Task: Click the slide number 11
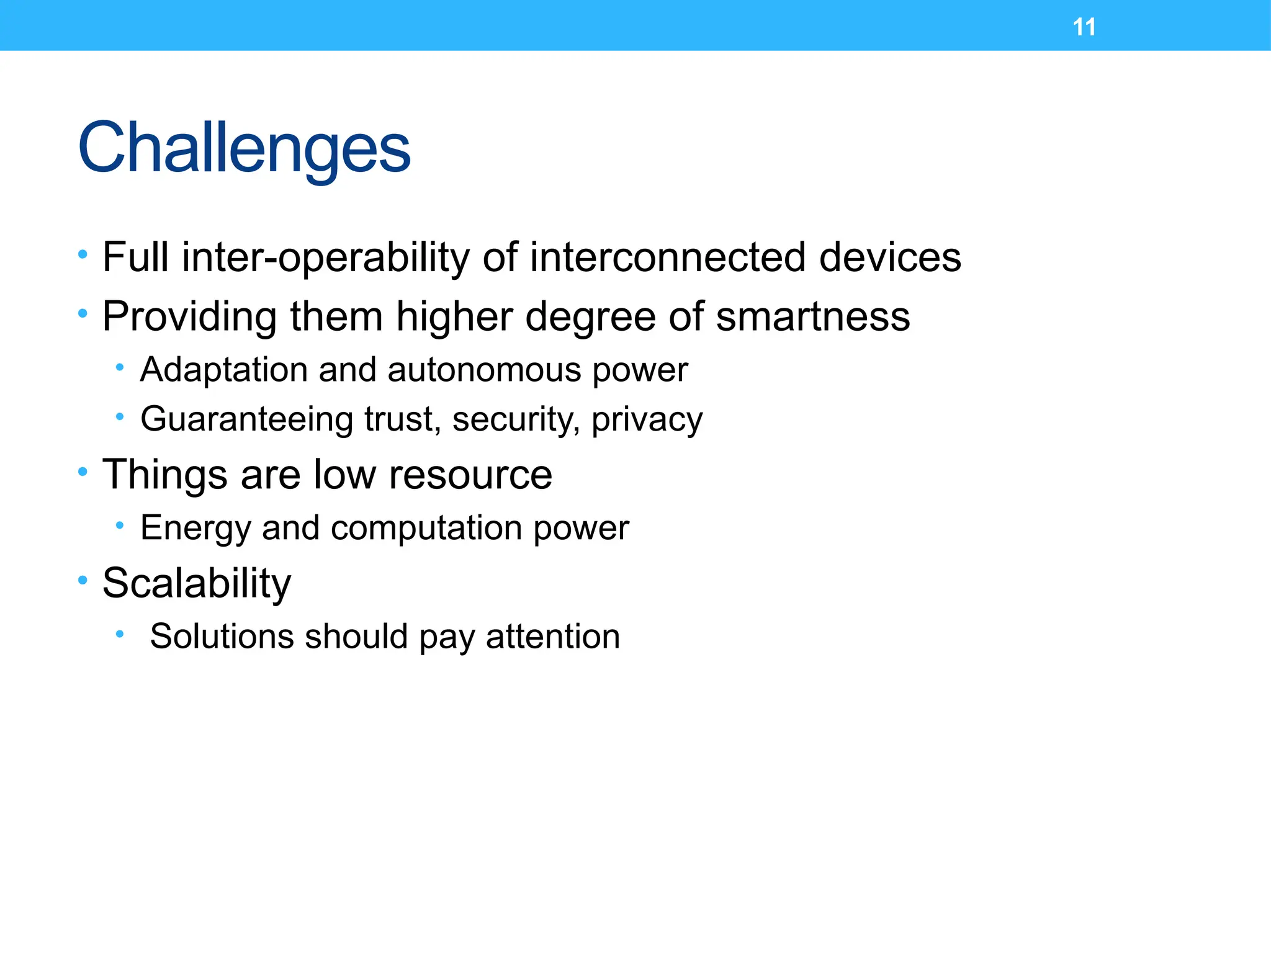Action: click(x=1084, y=27)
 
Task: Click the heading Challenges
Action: click(x=244, y=148)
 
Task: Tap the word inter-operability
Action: click(x=325, y=257)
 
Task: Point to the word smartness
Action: click(x=812, y=316)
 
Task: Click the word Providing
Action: click(x=189, y=316)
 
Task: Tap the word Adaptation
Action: click(x=223, y=370)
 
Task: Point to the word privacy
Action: click(x=647, y=419)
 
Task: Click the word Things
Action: click(x=164, y=475)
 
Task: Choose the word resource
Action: click(x=470, y=475)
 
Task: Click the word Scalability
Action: click(x=196, y=583)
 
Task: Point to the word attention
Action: click(x=552, y=637)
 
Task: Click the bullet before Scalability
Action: click(x=83, y=581)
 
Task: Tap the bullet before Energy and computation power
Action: click(x=120, y=526)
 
